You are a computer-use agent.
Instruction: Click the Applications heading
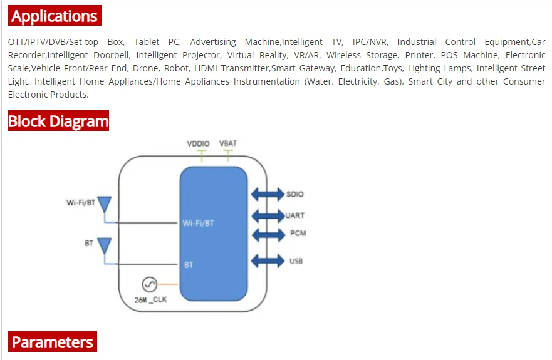(x=55, y=16)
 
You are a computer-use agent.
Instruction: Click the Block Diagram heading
(x=58, y=121)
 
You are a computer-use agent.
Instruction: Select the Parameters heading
(x=53, y=342)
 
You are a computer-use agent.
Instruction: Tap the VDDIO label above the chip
(x=198, y=144)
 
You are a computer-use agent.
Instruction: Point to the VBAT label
(x=228, y=144)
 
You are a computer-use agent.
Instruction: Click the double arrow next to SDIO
(x=268, y=194)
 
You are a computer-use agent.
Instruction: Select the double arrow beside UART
(x=268, y=215)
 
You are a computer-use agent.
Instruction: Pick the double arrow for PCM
(x=268, y=234)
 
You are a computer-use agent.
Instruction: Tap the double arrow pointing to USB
(x=268, y=260)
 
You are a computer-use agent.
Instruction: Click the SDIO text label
(x=294, y=195)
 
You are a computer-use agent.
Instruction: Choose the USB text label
(x=296, y=260)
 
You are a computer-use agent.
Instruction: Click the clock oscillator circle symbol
(x=149, y=285)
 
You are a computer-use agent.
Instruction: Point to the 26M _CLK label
(x=150, y=299)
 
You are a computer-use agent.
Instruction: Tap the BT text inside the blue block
(x=189, y=265)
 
